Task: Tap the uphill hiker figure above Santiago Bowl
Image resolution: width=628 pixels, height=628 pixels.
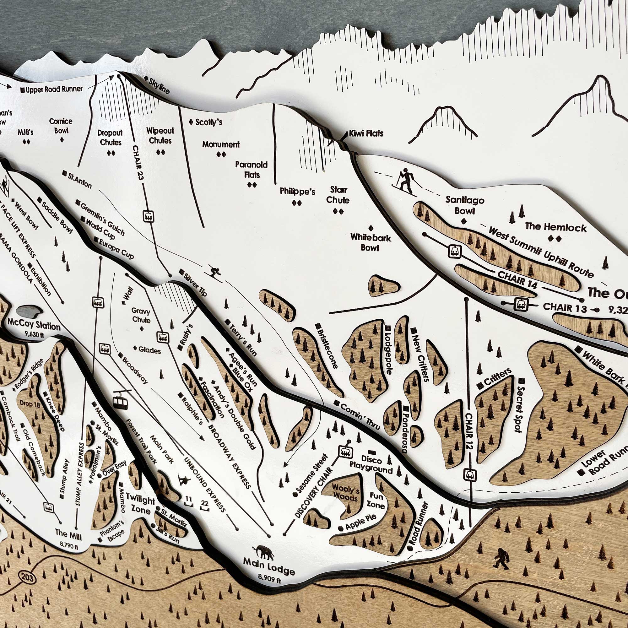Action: [x=405, y=181]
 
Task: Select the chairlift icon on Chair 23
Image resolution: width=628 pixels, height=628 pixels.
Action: [x=148, y=216]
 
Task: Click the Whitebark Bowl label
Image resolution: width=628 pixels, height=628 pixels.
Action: [x=371, y=242]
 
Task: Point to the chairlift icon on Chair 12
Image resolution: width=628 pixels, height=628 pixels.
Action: [x=470, y=475]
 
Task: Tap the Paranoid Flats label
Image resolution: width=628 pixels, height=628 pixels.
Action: [x=252, y=170]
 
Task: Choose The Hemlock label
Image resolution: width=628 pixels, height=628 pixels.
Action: [x=555, y=227]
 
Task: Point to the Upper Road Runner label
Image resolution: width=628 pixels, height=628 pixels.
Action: [x=54, y=89]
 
